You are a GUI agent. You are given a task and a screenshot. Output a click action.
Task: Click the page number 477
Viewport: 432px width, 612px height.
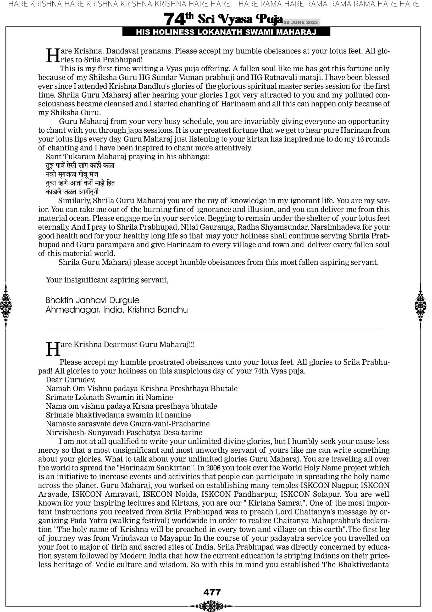coord(212,592)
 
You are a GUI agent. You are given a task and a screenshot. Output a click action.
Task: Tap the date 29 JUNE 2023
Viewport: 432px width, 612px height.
coord(301,22)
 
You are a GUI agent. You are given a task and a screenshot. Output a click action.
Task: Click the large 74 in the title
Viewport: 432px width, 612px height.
coord(174,19)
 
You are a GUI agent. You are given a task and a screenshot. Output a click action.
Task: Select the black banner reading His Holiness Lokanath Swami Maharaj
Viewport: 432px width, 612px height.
coord(226,32)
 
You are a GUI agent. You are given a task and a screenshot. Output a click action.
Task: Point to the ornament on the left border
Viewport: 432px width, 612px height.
coord(5,305)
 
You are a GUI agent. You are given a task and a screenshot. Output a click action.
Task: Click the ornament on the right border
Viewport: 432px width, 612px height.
coord(420,305)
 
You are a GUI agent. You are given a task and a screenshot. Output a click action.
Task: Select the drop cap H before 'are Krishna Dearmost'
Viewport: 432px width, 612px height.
coord(53,349)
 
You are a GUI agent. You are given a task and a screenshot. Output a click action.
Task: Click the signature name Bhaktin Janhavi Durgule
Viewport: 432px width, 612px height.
coord(92,300)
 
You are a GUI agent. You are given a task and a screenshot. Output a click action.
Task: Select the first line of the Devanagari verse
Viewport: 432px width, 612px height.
coord(80,166)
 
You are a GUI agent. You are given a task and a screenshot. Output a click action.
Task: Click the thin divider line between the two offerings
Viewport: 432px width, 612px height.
coord(214,328)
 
